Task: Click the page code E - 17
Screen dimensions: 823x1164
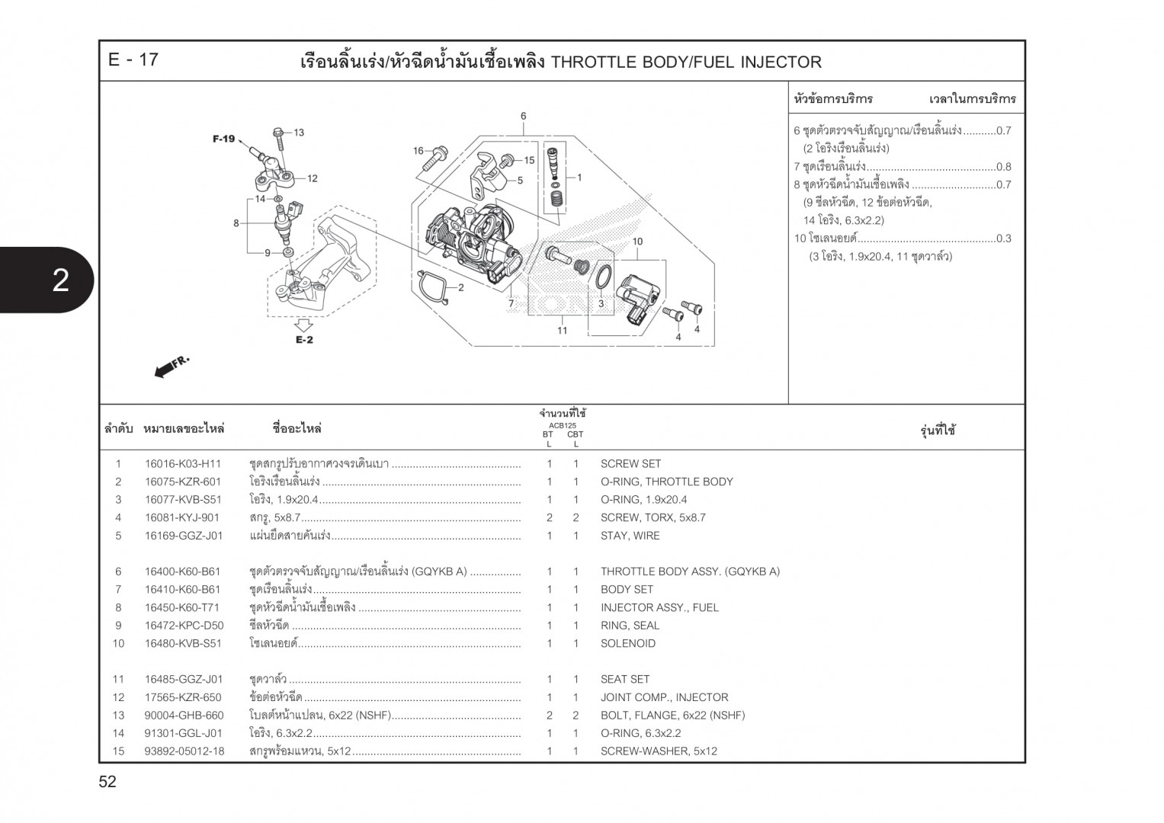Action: pos(133,60)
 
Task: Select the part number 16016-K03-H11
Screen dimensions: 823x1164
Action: pos(183,463)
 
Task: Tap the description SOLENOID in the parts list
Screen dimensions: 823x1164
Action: pos(627,643)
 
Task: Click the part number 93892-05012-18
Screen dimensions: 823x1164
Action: pos(184,751)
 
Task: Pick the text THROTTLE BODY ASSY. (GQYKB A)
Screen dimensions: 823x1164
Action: pos(690,572)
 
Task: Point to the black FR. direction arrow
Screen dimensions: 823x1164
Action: pos(171,367)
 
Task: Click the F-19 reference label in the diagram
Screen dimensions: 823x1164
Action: pos(223,139)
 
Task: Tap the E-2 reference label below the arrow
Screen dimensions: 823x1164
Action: pos(304,340)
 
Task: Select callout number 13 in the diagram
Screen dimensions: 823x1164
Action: pos(298,133)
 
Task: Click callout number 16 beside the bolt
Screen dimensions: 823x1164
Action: pos(418,151)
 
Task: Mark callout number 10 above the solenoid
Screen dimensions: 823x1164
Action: pos(637,242)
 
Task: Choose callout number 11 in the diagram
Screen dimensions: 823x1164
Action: pos(562,331)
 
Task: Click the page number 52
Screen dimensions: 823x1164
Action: pos(107,782)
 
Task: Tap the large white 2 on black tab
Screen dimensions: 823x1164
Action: pos(59,280)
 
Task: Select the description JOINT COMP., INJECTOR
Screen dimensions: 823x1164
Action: pos(664,697)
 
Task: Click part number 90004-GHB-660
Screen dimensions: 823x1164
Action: pos(184,716)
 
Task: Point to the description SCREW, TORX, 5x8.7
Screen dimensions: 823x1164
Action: pos(653,517)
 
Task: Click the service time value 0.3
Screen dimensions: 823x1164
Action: pos(1003,239)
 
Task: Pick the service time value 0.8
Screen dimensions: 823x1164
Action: pos(1003,167)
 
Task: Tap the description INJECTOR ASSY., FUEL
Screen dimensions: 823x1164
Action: pos(659,607)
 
